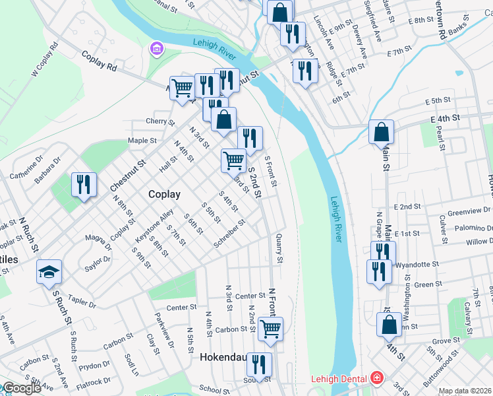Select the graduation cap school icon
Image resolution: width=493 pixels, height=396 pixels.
click(49, 271)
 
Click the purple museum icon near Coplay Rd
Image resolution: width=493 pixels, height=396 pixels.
click(157, 49)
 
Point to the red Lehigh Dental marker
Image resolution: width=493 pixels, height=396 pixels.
click(376, 379)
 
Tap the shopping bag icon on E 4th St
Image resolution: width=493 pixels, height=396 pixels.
click(382, 132)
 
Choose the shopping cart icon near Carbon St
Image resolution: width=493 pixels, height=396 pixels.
click(270, 328)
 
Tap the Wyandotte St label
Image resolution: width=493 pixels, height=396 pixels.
click(417, 265)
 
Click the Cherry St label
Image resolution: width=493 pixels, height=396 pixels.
click(159, 121)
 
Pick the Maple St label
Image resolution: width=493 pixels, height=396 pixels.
click(142, 141)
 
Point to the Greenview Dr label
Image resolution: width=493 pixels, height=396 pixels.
click(467, 213)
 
